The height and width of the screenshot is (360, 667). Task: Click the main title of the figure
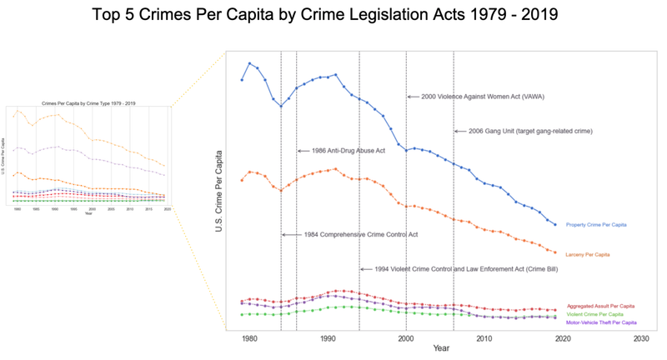pyautogui.click(x=333, y=16)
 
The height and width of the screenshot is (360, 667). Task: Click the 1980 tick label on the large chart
pyautogui.click(x=249, y=339)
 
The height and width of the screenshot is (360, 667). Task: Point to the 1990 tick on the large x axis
pyautogui.click(x=328, y=339)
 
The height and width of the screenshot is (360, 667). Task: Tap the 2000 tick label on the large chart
pyautogui.click(x=406, y=339)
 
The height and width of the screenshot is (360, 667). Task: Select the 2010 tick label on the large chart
pyautogui.click(x=484, y=339)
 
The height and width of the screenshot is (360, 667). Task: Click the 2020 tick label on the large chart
pyautogui.click(x=563, y=339)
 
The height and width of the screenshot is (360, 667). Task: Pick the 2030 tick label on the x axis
pyautogui.click(x=641, y=339)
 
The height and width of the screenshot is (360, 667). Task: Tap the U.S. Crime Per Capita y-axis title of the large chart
pyautogui.click(x=219, y=191)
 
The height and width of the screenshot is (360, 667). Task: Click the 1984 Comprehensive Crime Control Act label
pyautogui.click(x=360, y=235)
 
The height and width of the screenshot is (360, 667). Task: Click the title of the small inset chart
pyautogui.click(x=89, y=102)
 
